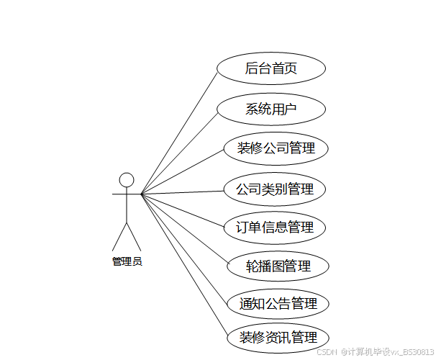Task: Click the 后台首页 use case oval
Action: pyautogui.click(x=271, y=68)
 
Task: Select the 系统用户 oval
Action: pyautogui.click(x=271, y=109)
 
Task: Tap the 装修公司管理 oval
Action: pyautogui.click(x=276, y=149)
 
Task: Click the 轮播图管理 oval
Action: pyautogui.click(x=278, y=266)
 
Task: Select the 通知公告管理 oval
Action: pyautogui.click(x=278, y=304)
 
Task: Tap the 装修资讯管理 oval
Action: pyautogui.click(x=278, y=338)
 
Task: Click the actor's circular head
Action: pyautogui.click(x=127, y=179)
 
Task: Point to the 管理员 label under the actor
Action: pyautogui.click(x=127, y=261)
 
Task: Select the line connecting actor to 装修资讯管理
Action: pyautogui.click(x=183, y=266)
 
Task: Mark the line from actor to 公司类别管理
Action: pyautogui.click(x=183, y=192)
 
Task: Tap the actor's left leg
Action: pyautogui.click(x=119, y=236)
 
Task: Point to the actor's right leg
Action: pyautogui.click(x=134, y=236)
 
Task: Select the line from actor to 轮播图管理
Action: pyautogui.click(x=183, y=229)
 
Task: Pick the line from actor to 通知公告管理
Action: pyautogui.click(x=183, y=248)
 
